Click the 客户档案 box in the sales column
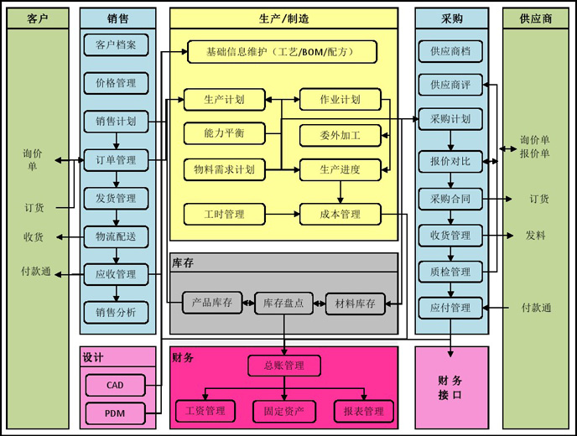[117, 44]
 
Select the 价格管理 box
[117, 83]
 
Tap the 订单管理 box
[117, 160]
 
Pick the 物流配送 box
[117, 236]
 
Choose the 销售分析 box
[117, 313]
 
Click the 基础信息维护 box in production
[282, 52]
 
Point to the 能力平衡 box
[224, 133]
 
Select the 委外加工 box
[340, 135]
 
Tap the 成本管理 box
[340, 215]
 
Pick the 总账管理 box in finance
[284, 366]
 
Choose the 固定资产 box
[284, 411]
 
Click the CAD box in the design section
[115, 386]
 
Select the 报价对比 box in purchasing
[450, 161]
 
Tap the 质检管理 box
[450, 272]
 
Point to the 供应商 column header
[535, 18]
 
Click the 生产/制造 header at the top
[284, 18]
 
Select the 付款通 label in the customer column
[35, 272]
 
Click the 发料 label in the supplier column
[535, 236]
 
